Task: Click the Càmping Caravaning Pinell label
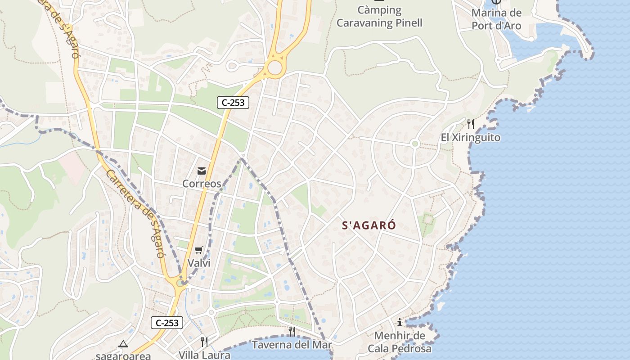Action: [x=379, y=17]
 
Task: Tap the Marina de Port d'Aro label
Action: [x=496, y=19]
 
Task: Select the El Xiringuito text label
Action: [x=470, y=138]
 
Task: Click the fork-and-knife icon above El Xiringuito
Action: [x=471, y=124]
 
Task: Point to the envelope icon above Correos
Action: [x=201, y=171]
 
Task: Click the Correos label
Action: [x=202, y=184]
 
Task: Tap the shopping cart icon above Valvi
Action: [x=198, y=250]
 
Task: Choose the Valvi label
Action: [x=199, y=263]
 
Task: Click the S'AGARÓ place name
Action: [x=369, y=226]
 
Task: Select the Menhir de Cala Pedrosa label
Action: [x=400, y=342]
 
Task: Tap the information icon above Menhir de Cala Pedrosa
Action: [x=399, y=322]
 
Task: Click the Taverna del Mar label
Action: [x=292, y=345]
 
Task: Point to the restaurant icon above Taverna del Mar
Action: [x=292, y=332]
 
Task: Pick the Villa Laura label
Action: [x=204, y=355]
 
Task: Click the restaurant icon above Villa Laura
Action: [x=204, y=342]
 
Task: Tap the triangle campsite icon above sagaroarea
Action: [x=123, y=344]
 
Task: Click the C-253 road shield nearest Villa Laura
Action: [x=167, y=323]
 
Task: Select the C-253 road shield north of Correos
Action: [x=233, y=103]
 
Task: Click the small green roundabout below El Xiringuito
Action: [x=415, y=144]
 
